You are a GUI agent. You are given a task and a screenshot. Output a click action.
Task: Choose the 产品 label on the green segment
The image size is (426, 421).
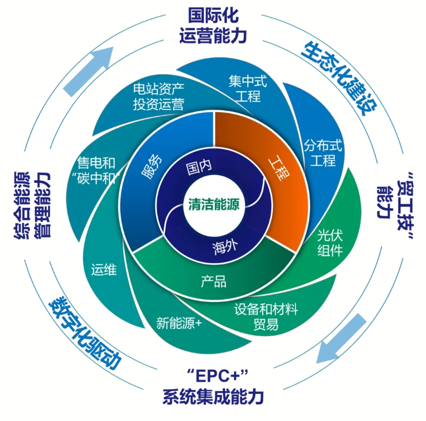214,281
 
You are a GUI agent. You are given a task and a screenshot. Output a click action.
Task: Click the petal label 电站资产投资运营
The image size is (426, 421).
158,96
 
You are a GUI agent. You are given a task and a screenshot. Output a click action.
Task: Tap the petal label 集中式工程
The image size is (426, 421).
244,88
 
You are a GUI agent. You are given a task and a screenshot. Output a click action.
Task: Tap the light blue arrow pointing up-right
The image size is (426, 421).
88,72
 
